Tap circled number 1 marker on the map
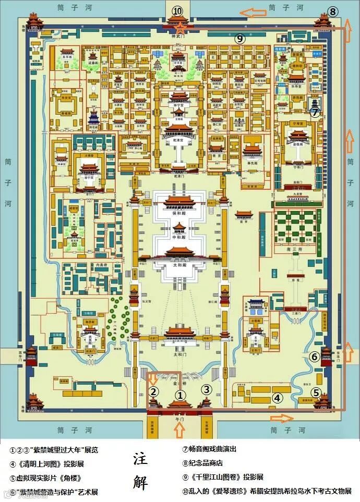point(180,395)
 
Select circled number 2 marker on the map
point(154,391)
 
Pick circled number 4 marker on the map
point(277,398)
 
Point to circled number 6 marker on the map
point(315,357)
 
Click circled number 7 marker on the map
point(314,112)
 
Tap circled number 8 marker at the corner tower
point(333,12)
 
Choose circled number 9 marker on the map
point(239,38)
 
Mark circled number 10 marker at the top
point(178,11)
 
